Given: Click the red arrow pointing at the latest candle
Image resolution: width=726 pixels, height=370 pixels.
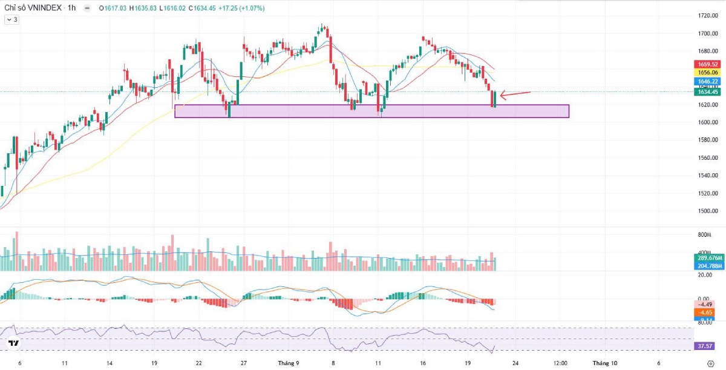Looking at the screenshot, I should tap(515, 93).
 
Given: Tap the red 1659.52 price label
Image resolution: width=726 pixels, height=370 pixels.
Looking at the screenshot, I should tap(707, 64).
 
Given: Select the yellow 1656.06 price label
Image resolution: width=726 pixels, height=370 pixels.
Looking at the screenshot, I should tap(707, 72).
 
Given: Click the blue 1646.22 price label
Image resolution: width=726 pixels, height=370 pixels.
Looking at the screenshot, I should tap(707, 81).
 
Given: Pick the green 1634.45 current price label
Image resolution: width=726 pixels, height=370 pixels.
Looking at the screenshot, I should tap(707, 92).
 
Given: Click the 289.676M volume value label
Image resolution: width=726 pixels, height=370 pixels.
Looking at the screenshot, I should tap(707, 258).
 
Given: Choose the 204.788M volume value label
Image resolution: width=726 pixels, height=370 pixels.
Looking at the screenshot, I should tap(707, 265).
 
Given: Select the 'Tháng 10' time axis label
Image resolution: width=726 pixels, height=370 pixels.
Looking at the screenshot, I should tap(605, 363).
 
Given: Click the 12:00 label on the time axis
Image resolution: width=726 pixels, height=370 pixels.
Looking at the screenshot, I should tap(560, 363).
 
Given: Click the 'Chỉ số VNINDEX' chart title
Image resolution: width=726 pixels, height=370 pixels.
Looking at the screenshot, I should tap(31, 8).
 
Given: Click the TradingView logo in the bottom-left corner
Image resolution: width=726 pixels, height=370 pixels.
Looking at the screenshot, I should tap(13, 343).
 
